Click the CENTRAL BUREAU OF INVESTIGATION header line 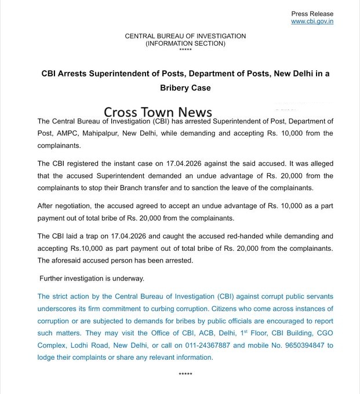point(186,36)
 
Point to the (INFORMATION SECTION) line point(186,43)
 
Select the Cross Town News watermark point(158,112)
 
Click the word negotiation point(72,206)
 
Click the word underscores point(59,309)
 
